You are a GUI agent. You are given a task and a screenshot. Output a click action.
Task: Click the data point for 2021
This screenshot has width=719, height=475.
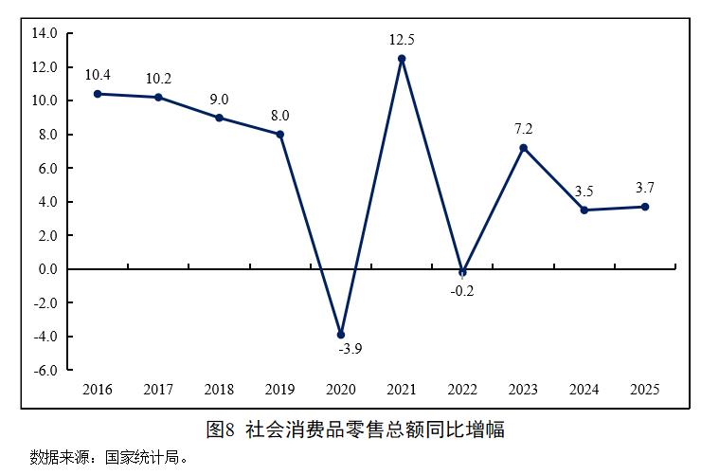pyautogui.click(x=402, y=59)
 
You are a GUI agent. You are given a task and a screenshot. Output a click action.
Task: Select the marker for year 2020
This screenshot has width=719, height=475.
pyautogui.click(x=341, y=335)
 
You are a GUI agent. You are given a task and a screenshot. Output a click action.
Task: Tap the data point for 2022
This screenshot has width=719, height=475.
pyautogui.click(x=462, y=272)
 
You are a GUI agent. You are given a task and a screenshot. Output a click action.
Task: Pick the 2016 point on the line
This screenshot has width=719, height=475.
pyautogui.click(x=98, y=94)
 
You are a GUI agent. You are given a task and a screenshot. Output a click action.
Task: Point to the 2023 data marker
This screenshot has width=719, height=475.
pyautogui.click(x=523, y=148)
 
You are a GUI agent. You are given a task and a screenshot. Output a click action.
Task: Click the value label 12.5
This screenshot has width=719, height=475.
pyautogui.click(x=402, y=40)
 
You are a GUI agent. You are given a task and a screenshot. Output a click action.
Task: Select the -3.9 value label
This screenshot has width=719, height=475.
pyautogui.click(x=350, y=349)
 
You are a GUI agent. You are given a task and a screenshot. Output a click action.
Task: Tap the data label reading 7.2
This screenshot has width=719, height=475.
pyautogui.click(x=523, y=128)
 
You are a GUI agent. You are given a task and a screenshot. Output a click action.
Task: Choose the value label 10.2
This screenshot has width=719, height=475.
pyautogui.click(x=158, y=79)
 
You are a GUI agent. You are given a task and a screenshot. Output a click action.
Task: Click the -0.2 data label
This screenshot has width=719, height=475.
pyautogui.click(x=462, y=291)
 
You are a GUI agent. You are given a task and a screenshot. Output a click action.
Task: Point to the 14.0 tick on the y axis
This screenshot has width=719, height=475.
pyautogui.click(x=45, y=33)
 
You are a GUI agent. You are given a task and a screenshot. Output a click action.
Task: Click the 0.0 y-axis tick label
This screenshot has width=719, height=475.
pyautogui.click(x=46, y=269)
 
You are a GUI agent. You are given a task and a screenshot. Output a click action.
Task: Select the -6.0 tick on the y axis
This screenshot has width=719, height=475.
pyautogui.click(x=45, y=370)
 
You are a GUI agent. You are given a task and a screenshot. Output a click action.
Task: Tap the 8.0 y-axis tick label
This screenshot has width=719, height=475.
pyautogui.click(x=46, y=135)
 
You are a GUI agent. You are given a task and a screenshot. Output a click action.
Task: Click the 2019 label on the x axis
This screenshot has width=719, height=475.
pyautogui.click(x=279, y=390)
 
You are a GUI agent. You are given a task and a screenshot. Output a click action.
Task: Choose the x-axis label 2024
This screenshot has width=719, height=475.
pyautogui.click(x=584, y=390)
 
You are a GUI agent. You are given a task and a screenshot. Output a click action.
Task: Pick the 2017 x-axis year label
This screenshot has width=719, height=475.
pyautogui.click(x=158, y=390)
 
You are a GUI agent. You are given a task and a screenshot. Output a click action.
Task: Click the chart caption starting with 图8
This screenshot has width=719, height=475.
pyautogui.click(x=355, y=429)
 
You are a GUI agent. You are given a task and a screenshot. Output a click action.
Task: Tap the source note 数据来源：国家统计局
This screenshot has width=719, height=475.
pyautogui.click(x=110, y=458)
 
